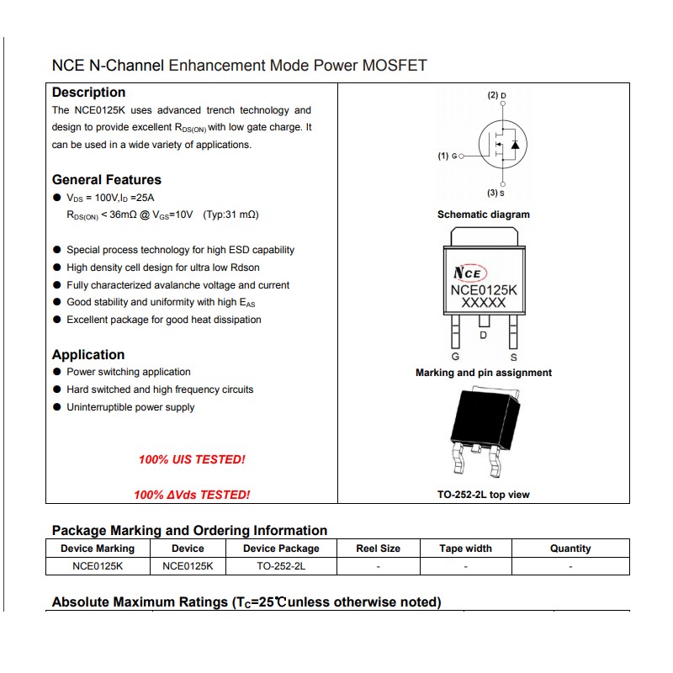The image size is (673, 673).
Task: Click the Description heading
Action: pyautogui.click(x=88, y=93)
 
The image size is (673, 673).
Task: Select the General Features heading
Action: pyautogui.click(x=106, y=179)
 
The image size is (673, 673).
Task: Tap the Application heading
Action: pyautogui.click(x=88, y=355)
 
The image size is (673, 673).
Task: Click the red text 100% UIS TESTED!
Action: pyautogui.click(x=192, y=459)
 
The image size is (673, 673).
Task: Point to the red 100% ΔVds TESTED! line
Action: pyautogui.click(x=192, y=495)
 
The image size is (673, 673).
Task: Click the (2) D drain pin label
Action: pyautogui.click(x=497, y=96)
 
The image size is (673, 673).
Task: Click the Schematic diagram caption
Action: pyautogui.click(x=484, y=215)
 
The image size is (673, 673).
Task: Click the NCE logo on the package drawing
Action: pyautogui.click(x=469, y=273)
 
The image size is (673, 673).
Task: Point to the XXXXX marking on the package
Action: pyautogui.click(x=484, y=303)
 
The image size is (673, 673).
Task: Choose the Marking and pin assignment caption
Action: pyautogui.click(x=484, y=373)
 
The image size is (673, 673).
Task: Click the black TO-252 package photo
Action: pyautogui.click(x=483, y=429)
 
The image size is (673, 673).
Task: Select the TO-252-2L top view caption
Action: pyautogui.click(x=484, y=495)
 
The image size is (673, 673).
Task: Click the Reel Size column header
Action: pyautogui.click(x=379, y=548)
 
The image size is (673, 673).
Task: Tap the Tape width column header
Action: pyautogui.click(x=465, y=548)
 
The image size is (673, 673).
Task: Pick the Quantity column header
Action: pyautogui.click(x=570, y=548)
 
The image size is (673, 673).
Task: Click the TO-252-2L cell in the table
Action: pyautogui.click(x=281, y=566)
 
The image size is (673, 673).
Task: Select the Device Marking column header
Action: pyautogui.click(x=98, y=548)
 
